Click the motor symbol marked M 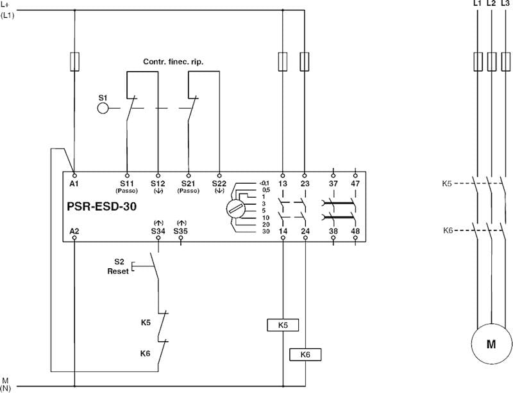[491, 344]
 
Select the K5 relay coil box [283, 325]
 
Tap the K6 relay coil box [305, 354]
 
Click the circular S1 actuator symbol [103, 108]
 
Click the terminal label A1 [74, 184]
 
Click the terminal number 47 [355, 184]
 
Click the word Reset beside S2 [117, 271]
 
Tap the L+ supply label [7, 5]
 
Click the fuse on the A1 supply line [75, 61]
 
